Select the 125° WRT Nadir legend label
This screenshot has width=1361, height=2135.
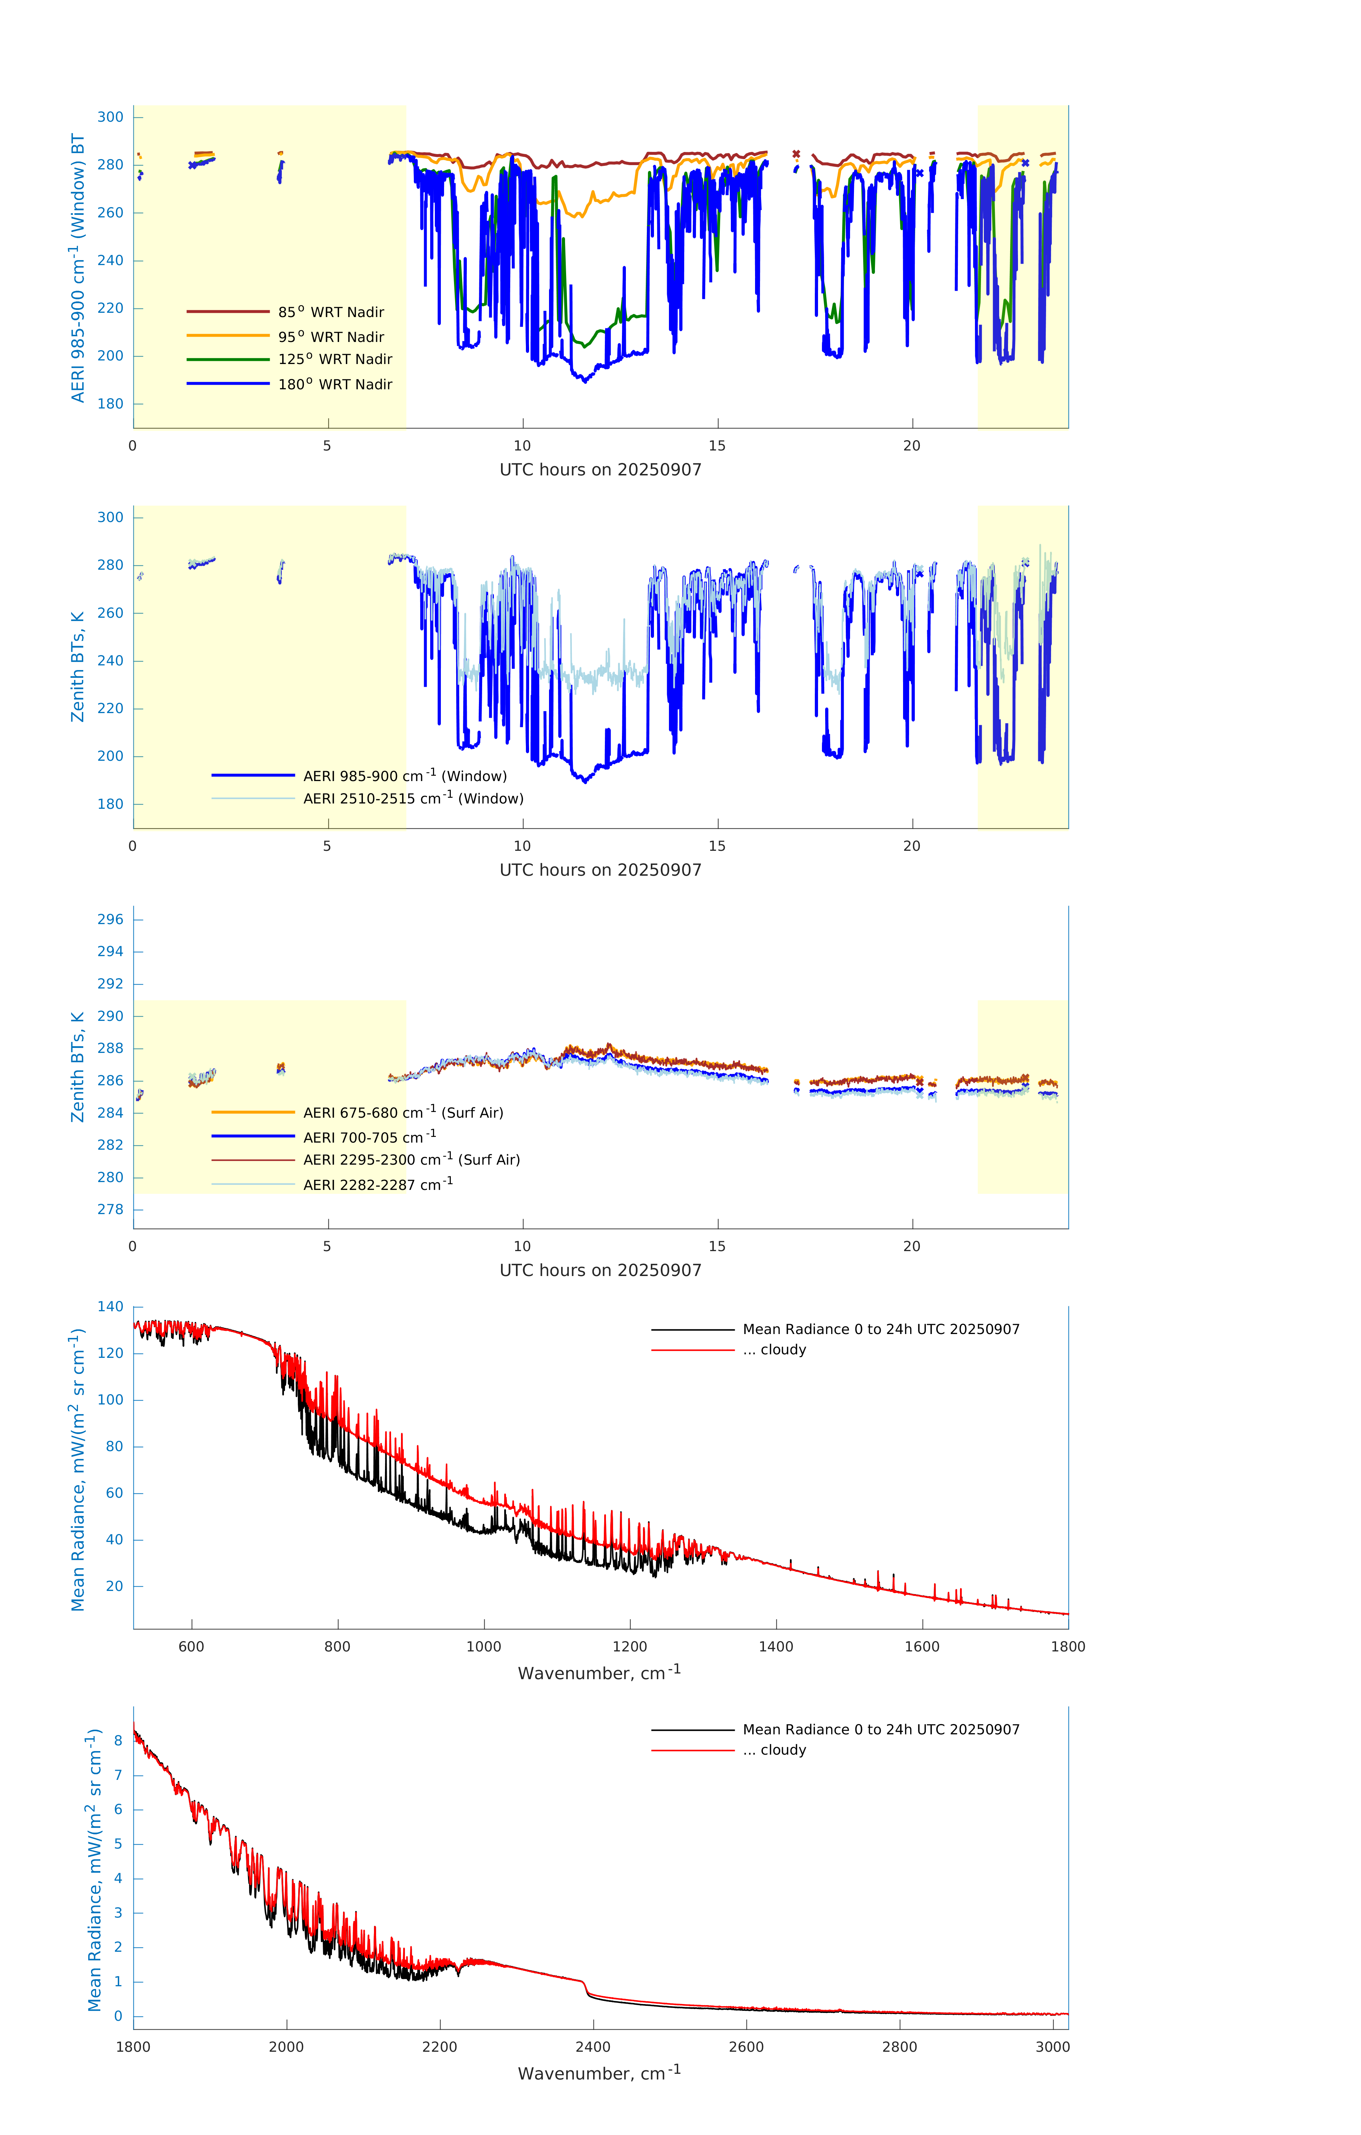tap(334, 359)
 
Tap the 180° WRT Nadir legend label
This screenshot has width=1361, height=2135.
tap(334, 384)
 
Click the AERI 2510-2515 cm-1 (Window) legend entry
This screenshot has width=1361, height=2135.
tap(412, 798)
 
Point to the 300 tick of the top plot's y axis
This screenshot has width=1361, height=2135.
tap(110, 117)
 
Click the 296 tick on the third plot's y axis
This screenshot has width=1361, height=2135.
tap(110, 919)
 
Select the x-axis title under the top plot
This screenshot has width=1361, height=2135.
tap(600, 470)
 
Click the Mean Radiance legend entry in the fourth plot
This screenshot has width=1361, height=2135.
tap(880, 1329)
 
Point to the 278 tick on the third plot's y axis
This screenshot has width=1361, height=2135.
tap(110, 1209)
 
